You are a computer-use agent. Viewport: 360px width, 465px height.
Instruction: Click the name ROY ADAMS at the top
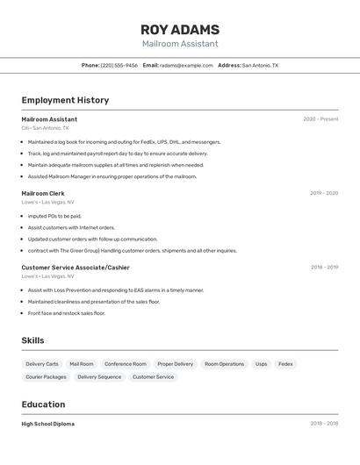coord(180,30)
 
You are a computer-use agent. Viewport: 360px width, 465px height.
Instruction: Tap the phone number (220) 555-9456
coord(119,65)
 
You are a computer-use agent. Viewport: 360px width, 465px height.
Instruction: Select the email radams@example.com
coord(186,65)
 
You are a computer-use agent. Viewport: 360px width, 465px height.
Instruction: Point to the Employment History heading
coord(65,100)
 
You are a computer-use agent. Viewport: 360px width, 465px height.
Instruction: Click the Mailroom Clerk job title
coord(43,193)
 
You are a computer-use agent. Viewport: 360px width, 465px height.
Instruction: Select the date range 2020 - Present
coord(320,119)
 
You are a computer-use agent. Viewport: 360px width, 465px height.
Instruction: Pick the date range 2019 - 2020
coord(324,193)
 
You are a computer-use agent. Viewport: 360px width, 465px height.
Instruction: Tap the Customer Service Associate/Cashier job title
coord(76,268)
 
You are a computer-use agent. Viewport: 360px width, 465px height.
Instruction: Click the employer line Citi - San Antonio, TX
coord(45,128)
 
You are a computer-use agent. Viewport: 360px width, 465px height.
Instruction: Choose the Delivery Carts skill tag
coord(42,364)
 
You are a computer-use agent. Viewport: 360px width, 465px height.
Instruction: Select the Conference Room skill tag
coord(126,364)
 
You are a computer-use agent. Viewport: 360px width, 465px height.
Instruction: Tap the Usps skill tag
coord(261,364)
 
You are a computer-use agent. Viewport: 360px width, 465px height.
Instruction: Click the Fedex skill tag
coord(285,364)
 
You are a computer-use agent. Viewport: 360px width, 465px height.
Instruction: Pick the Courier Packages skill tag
coord(46,377)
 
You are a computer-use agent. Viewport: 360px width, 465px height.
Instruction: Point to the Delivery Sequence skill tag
coord(99,377)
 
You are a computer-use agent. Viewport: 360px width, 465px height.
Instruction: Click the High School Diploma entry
coord(48,424)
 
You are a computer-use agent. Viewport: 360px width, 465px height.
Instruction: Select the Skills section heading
coord(33,340)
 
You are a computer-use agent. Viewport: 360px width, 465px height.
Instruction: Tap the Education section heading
coord(44,404)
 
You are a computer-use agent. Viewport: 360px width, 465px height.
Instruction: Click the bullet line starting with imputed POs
coord(54,216)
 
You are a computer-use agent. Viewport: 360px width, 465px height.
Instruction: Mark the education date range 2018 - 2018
coord(324,424)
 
